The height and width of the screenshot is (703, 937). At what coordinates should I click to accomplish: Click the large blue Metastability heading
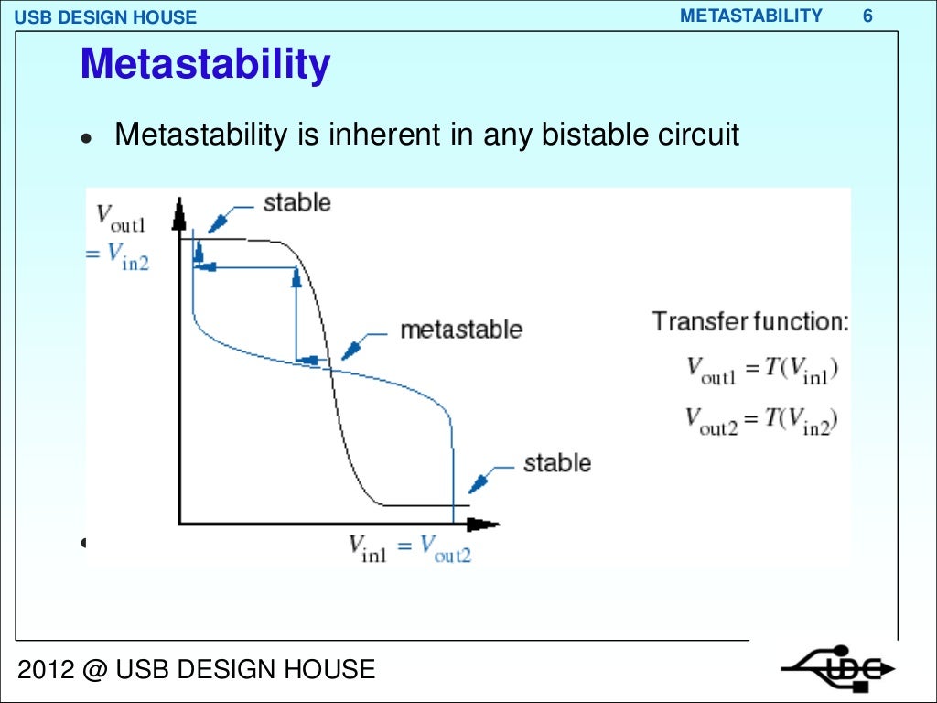click(205, 66)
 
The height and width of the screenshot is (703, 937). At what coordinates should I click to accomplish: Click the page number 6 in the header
click(867, 16)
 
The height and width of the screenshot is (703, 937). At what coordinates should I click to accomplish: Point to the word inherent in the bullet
click(378, 135)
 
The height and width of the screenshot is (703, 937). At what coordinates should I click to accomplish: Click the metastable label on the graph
click(460, 330)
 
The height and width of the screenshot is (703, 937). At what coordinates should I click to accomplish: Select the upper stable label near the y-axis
click(296, 202)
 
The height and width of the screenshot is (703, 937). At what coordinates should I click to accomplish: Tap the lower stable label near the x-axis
click(556, 463)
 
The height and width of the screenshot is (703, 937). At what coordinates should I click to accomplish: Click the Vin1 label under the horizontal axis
click(368, 547)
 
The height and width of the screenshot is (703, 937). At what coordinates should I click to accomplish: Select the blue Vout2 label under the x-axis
click(446, 547)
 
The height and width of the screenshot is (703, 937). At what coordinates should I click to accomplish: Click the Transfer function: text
click(750, 321)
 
